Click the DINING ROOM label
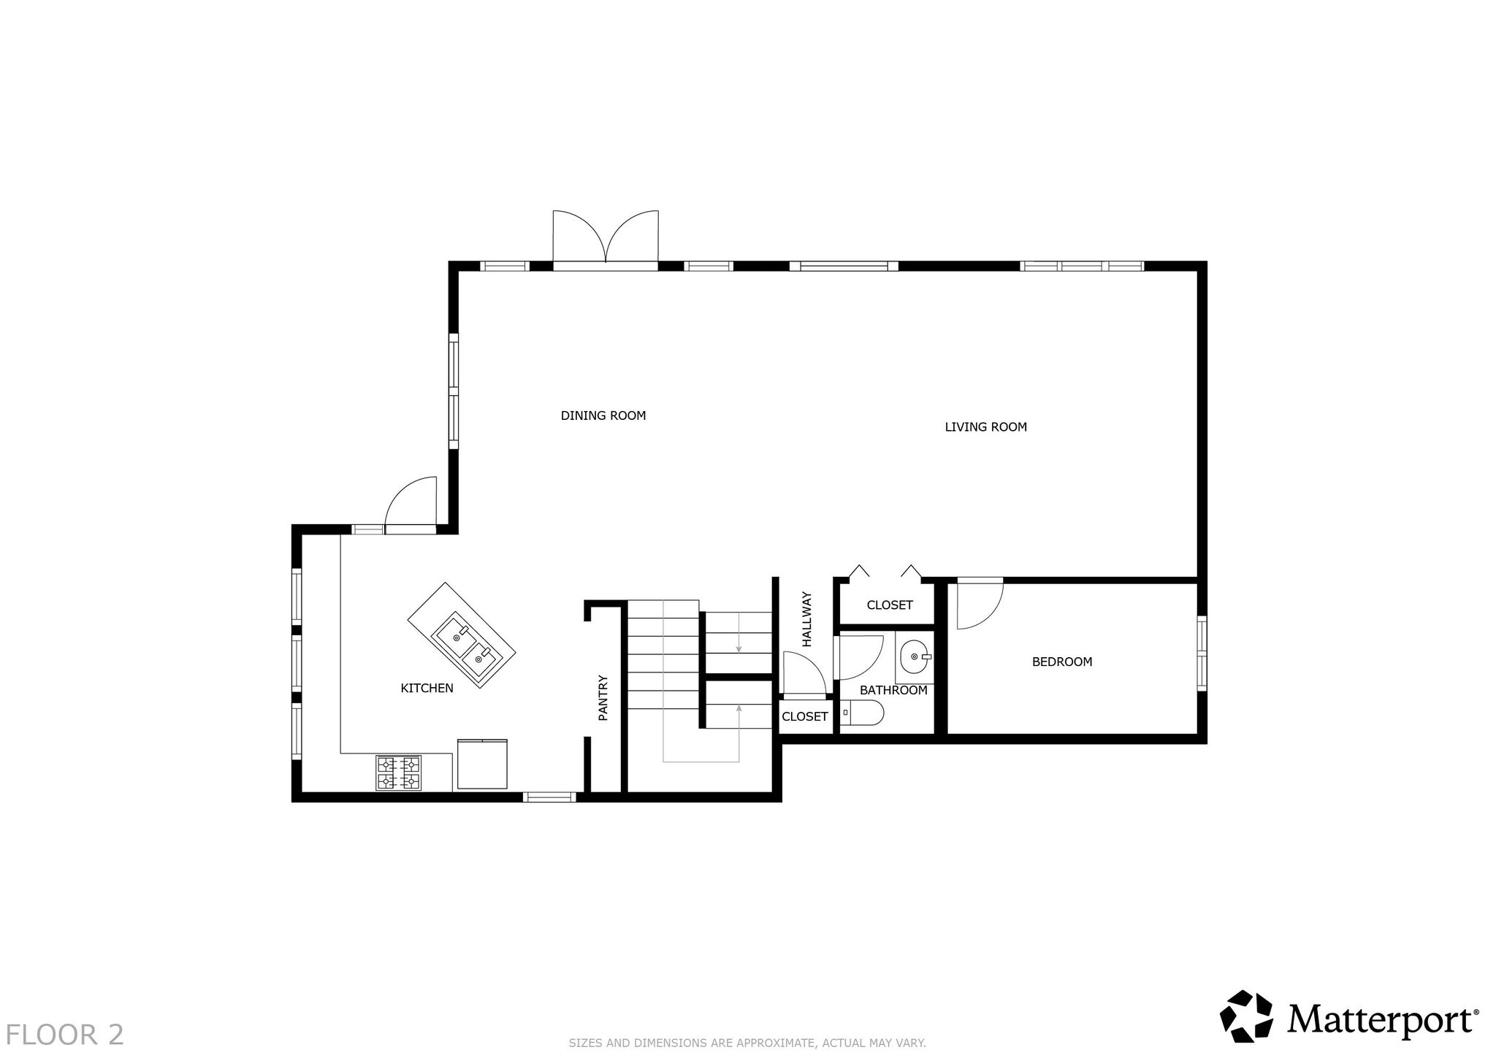603,416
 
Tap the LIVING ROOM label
985,427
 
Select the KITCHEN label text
427,688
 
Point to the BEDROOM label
1061,662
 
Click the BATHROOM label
893,690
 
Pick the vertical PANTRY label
603,698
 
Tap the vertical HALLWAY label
806,619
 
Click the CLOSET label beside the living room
889,605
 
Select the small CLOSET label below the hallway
804,717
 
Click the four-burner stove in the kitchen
399,773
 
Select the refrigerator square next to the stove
482,764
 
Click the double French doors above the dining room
606,238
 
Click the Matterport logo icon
1248,1016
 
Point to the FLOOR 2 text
66,1035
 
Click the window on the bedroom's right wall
1202,653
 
